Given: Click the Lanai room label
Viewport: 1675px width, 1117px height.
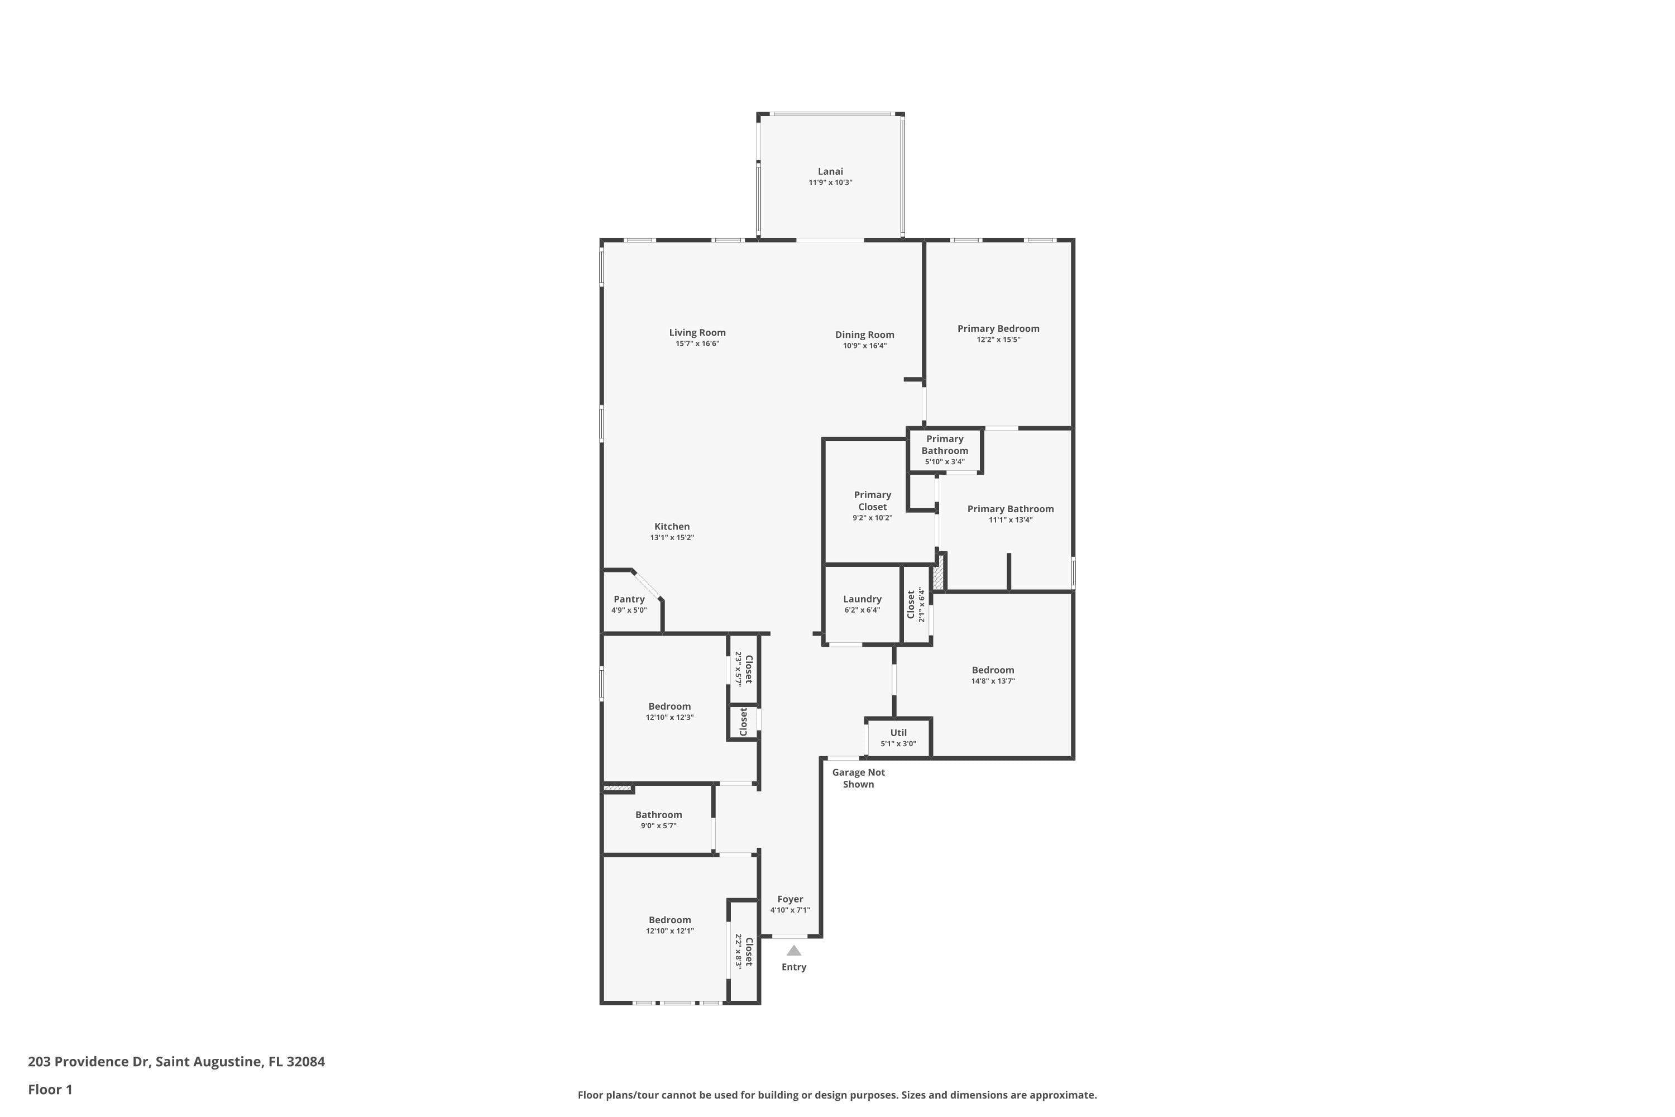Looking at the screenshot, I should (x=830, y=171).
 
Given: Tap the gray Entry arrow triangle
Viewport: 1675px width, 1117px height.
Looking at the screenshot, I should (x=793, y=951).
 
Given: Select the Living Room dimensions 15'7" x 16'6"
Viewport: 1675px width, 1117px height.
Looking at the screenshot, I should (x=697, y=344).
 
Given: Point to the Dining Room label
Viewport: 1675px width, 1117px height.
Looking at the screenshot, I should (x=864, y=335).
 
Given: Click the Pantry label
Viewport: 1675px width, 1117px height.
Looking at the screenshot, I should (x=629, y=599).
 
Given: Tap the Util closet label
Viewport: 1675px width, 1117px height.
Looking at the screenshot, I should (x=898, y=732).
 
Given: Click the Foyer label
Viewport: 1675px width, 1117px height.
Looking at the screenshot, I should (x=790, y=899).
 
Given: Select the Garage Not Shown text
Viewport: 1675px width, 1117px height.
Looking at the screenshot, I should (x=858, y=778).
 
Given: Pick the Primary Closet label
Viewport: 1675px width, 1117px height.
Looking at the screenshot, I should (x=872, y=501).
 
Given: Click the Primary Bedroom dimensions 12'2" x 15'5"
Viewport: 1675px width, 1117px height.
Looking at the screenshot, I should (x=998, y=340).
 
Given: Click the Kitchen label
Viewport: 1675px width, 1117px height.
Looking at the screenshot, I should (x=672, y=527).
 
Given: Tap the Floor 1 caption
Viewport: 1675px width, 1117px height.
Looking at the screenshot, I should (x=50, y=1089).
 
